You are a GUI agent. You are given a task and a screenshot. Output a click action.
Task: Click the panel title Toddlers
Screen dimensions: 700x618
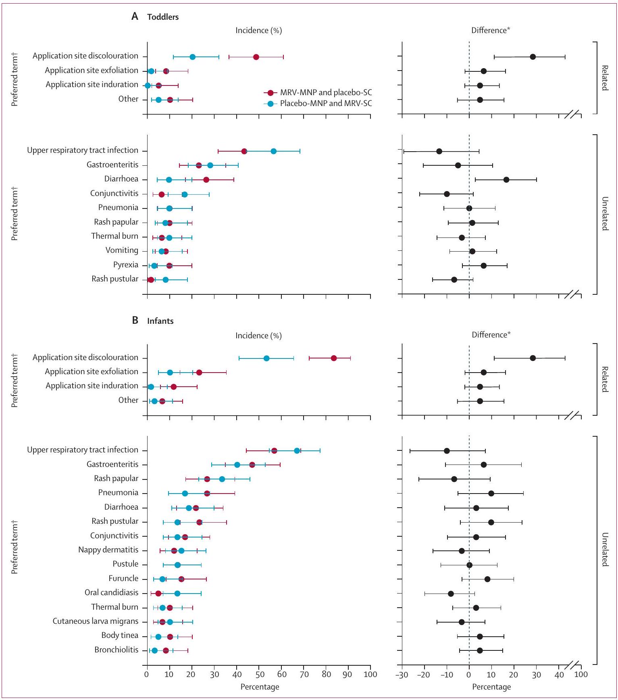tap(163, 17)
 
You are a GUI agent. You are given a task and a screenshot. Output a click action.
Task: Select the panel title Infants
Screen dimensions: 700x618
tap(160, 321)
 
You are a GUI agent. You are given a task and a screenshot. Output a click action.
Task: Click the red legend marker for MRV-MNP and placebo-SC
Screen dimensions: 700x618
tap(271, 93)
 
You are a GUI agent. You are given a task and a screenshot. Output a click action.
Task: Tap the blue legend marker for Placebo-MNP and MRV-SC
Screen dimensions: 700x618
tap(271, 104)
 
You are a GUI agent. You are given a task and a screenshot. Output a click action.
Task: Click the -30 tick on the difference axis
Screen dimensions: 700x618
tap(402, 674)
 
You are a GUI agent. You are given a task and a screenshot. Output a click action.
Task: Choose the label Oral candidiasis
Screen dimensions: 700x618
tap(111, 593)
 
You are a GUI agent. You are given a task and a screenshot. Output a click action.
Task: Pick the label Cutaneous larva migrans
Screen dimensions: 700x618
tap(96, 621)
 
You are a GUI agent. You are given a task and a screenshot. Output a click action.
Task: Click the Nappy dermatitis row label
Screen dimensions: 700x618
tap(108, 550)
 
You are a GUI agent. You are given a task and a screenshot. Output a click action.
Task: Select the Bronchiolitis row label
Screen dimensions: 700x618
tap(116, 650)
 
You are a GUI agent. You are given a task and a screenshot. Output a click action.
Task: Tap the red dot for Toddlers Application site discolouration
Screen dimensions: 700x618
tap(256, 57)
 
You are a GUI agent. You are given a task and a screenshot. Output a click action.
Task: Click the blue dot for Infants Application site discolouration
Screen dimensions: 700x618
tap(266, 358)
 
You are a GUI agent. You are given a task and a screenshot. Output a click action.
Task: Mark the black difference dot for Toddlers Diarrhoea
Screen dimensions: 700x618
tap(506, 180)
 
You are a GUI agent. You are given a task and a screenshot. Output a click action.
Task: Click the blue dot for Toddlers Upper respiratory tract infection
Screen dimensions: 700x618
tap(274, 151)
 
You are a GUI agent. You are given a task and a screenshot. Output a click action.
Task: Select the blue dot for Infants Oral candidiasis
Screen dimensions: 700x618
tap(177, 594)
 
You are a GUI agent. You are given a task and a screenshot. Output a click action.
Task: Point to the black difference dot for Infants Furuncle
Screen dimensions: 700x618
tap(487, 579)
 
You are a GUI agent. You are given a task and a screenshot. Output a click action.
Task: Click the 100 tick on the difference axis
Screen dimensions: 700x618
tap(581, 674)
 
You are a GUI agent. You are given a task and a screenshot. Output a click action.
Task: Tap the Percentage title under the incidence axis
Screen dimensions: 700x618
tap(260, 687)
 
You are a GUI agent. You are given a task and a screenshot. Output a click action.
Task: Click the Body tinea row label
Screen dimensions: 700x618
tap(120, 635)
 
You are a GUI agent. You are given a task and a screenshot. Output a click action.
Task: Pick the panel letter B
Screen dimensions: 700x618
tap(135, 321)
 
